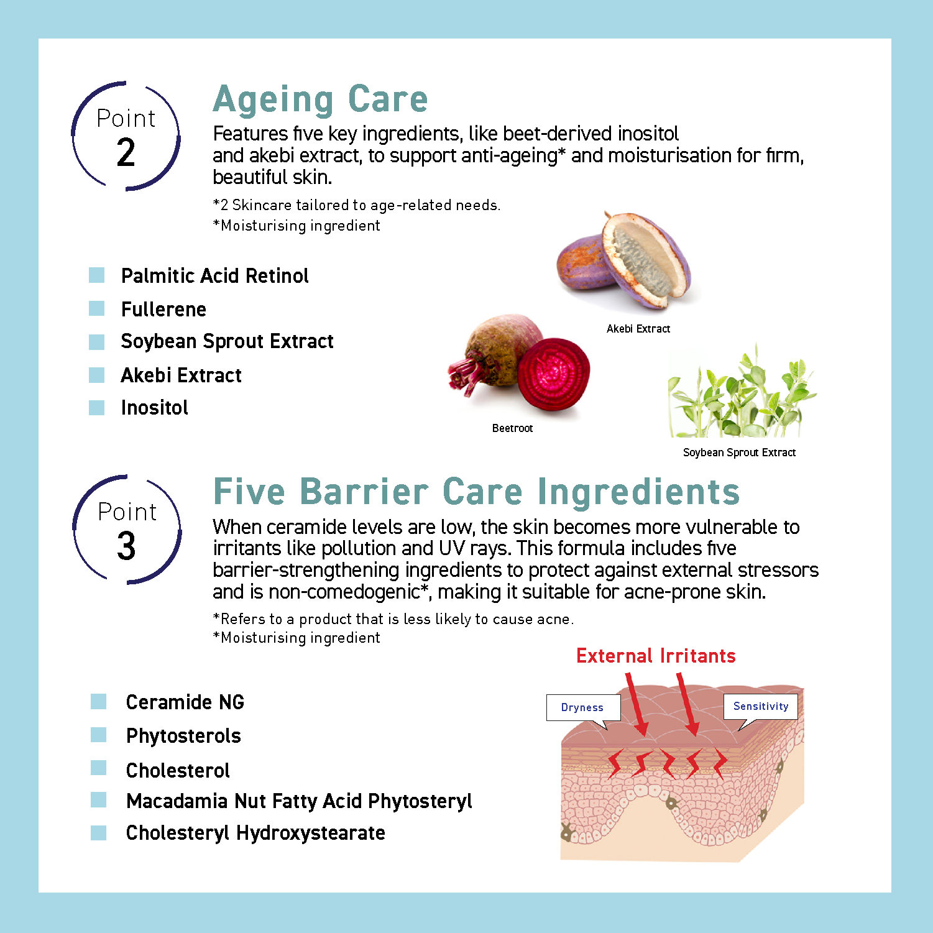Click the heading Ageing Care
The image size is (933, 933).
coord(320,99)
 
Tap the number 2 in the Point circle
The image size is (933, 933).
coord(126,153)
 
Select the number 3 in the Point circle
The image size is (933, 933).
coord(126,546)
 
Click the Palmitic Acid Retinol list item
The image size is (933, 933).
coord(214,276)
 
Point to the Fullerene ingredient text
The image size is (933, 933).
coord(163,310)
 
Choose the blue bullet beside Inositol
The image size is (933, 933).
coord(96,408)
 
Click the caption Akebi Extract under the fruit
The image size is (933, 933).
coord(638,329)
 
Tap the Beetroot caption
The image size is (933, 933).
coord(512,428)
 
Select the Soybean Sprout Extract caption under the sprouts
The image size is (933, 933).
coord(739,453)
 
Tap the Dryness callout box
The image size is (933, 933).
coord(582,707)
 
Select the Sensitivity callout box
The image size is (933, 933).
coord(761,706)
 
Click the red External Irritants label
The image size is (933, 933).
coord(656,656)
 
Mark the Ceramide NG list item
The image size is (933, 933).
coord(185,702)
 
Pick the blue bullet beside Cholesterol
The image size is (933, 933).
coord(98,768)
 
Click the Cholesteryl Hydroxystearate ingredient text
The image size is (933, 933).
coord(255,833)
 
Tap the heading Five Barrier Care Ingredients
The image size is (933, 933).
coord(476,492)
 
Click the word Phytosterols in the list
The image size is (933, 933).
coord(183,736)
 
